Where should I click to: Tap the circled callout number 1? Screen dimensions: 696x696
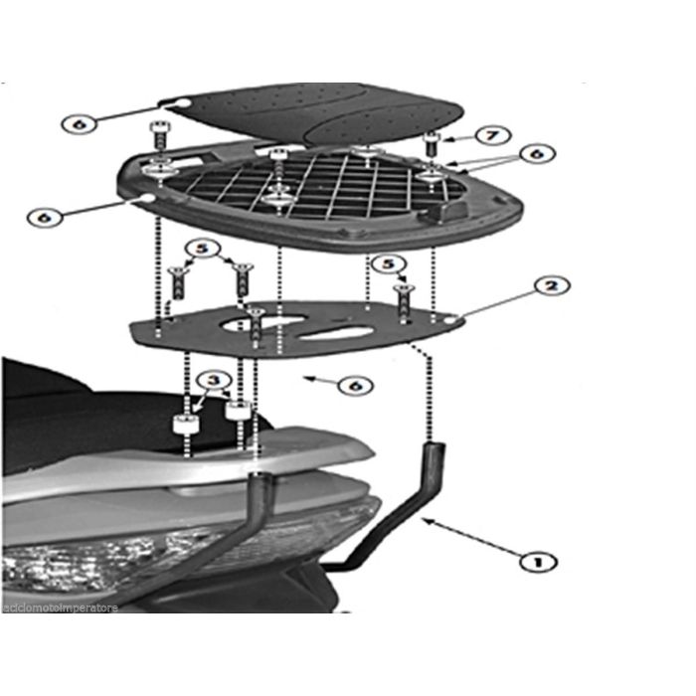coord(538,562)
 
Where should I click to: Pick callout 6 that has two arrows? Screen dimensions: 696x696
coord(537,154)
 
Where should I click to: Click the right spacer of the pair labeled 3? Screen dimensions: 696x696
coord(237,411)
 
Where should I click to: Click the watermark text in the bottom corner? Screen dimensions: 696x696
coord(60,607)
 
